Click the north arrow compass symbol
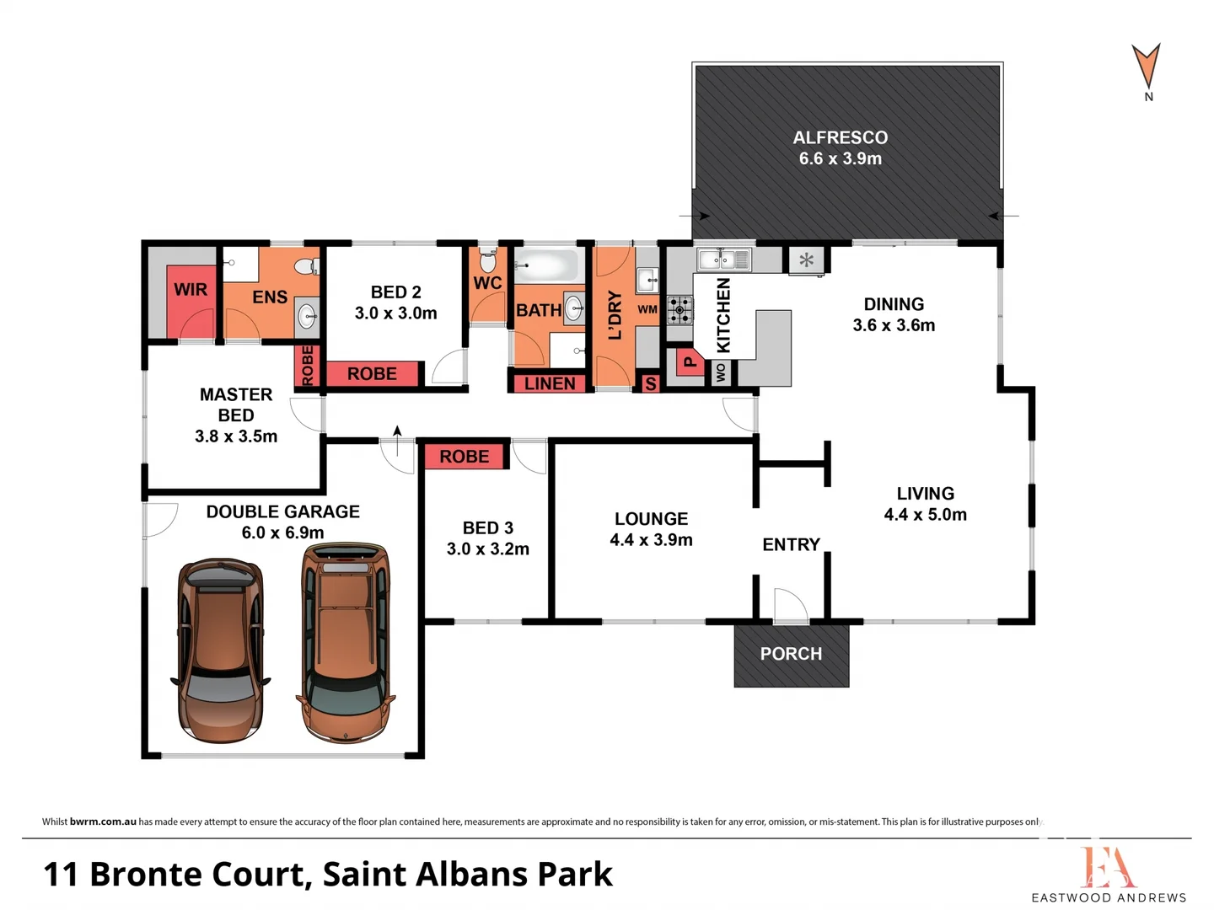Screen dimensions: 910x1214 [x=1147, y=67]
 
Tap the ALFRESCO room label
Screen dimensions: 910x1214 [x=840, y=138]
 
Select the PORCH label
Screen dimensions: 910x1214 [x=791, y=654]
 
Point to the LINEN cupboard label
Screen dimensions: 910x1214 [x=550, y=383]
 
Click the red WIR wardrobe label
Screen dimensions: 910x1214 [x=191, y=290]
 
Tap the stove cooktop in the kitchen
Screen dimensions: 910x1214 [x=680, y=310]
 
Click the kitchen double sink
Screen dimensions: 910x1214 [x=723, y=258]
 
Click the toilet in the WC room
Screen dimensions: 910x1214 [x=488, y=260]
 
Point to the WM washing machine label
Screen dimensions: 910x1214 [x=647, y=309]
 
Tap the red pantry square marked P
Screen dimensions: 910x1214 [x=689, y=362]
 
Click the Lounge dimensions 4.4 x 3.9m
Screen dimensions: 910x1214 [x=651, y=540]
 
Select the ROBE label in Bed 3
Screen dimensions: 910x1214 [x=464, y=457]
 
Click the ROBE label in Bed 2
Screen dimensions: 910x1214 [x=372, y=374]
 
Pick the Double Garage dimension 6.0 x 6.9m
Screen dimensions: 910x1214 [x=282, y=533]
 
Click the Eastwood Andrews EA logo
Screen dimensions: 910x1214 [x=1108, y=868]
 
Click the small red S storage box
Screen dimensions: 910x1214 [x=650, y=384]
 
